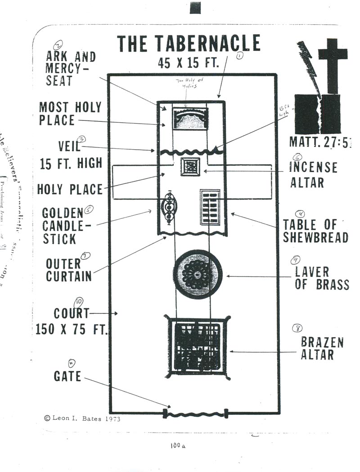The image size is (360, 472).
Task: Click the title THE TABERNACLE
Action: [x=189, y=44]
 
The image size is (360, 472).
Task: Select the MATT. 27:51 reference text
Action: [x=320, y=142]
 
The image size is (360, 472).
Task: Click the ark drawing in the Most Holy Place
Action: [x=190, y=119]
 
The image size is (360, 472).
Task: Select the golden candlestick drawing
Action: [x=169, y=209]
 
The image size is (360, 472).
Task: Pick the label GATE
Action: [x=67, y=376]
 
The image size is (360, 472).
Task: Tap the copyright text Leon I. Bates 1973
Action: [x=82, y=418]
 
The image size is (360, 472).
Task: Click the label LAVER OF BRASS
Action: [x=321, y=278]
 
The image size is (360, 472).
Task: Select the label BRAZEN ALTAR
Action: [x=322, y=348]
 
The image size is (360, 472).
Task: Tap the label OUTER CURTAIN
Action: [x=68, y=270]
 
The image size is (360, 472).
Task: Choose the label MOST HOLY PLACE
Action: [x=70, y=114]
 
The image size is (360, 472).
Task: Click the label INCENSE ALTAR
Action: [x=313, y=174]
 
